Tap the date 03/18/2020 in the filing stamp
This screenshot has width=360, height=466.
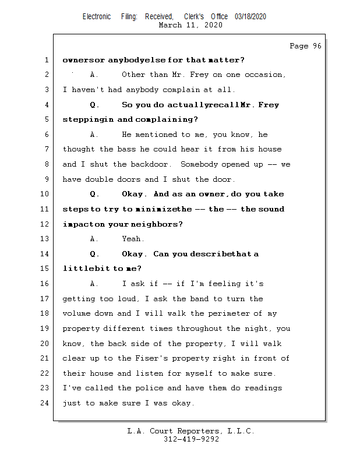(x=250, y=17)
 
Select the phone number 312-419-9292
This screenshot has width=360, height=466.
(x=191, y=440)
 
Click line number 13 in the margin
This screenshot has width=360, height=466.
(x=46, y=239)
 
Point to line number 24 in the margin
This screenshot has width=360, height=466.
(x=46, y=403)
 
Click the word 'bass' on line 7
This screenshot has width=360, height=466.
(x=132, y=150)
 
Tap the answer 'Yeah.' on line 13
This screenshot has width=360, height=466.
(x=133, y=239)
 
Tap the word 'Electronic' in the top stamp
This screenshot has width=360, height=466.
(x=97, y=17)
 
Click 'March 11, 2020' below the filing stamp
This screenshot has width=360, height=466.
(x=190, y=25)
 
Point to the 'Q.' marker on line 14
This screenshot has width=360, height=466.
(x=95, y=254)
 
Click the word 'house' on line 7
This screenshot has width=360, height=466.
(x=270, y=150)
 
